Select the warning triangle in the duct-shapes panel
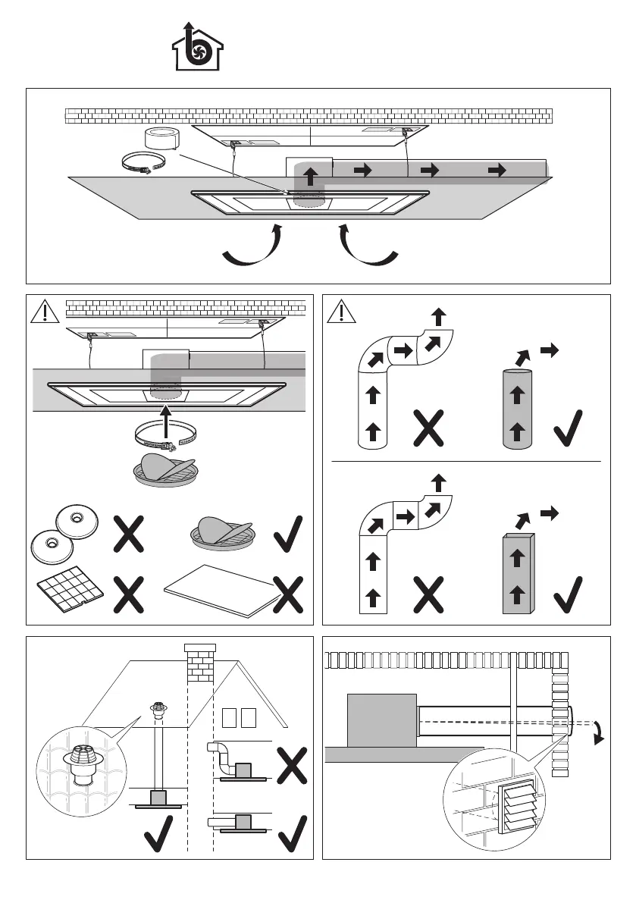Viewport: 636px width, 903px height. pos(343,311)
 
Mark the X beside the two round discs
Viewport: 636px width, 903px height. pos(130,535)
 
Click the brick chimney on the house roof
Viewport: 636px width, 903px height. pos(200,661)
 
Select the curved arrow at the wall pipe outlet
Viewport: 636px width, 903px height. pos(598,732)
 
